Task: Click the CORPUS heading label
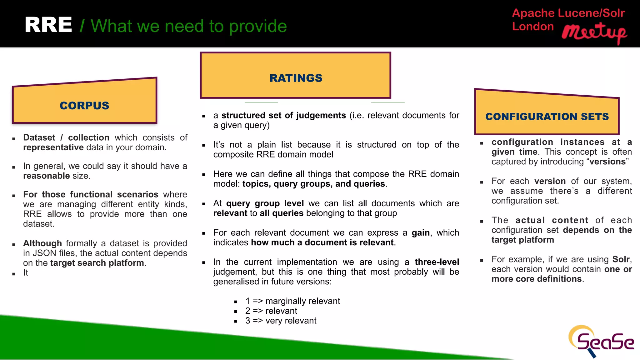[x=84, y=106]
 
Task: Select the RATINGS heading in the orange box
[x=296, y=78]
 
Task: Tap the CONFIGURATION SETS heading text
[x=547, y=117]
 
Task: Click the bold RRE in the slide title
[x=48, y=25]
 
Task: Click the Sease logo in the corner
[x=601, y=342]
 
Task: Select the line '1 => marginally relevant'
[x=292, y=301]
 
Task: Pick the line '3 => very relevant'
[x=281, y=321]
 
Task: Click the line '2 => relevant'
[x=271, y=311]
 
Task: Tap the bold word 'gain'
[x=421, y=233]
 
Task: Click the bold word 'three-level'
[x=437, y=262]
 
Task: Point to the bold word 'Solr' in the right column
[x=621, y=259]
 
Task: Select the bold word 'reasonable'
[x=46, y=176]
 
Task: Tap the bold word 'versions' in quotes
[x=607, y=162]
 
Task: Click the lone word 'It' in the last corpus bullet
[x=26, y=273]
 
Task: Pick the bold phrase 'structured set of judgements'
[x=283, y=115]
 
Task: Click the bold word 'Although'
[x=42, y=243]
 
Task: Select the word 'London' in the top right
[x=533, y=27]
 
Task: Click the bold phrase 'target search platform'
[x=97, y=263]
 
